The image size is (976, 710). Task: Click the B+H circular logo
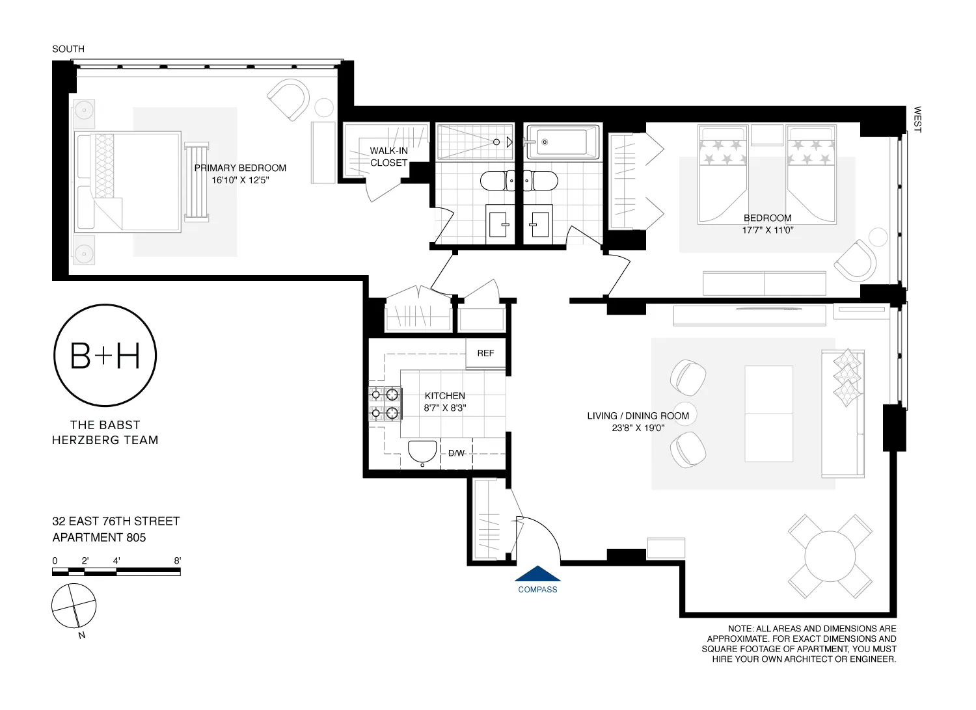(105, 356)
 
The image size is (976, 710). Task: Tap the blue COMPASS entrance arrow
(537, 574)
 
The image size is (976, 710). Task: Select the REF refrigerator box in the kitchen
(485, 354)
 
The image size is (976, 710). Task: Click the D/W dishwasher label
(456, 453)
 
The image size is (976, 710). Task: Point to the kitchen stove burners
(385, 403)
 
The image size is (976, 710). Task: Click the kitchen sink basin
(422, 453)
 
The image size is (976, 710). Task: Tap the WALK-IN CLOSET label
(388, 157)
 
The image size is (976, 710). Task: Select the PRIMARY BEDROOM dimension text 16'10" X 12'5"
(240, 180)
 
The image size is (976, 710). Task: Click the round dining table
(830, 557)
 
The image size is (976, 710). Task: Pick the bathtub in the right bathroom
(562, 142)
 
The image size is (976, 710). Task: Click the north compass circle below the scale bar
(74, 606)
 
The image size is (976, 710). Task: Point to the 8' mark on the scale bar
(177, 560)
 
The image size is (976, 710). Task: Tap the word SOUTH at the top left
(68, 49)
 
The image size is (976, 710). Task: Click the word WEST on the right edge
(917, 120)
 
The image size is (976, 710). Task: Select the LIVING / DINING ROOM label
(638, 416)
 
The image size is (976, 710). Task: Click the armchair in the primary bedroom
(289, 99)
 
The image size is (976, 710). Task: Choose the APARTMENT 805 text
(99, 538)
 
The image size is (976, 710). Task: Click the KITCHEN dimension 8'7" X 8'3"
(445, 408)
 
